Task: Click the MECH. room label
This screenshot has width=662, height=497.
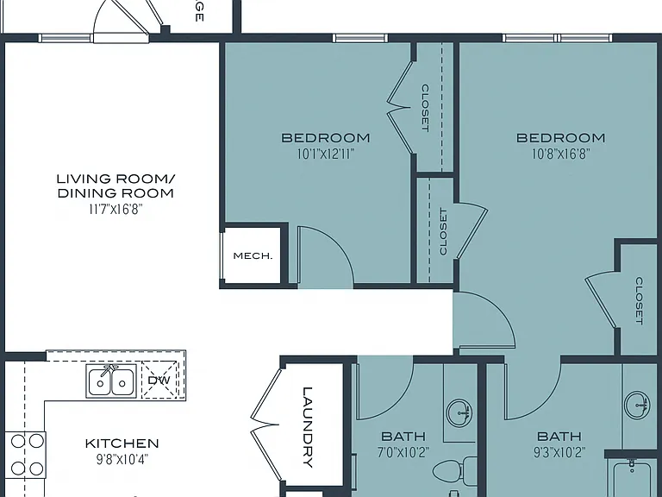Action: [x=253, y=255]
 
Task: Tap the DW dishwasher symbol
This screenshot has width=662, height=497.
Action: [x=159, y=380]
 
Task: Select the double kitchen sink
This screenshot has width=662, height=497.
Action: [x=111, y=381]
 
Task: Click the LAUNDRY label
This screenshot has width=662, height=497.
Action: [x=308, y=427]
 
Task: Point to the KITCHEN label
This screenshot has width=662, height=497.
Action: [x=122, y=444]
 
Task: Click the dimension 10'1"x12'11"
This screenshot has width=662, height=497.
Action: [x=326, y=154]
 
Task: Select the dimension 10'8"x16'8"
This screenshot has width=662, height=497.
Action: [x=560, y=154]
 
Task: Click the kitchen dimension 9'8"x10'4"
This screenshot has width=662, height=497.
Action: [x=122, y=459]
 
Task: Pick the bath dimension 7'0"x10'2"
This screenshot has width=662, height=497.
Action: [x=403, y=453]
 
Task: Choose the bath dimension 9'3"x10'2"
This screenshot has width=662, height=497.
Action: [x=559, y=453]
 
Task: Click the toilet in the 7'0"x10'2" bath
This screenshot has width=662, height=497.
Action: [x=455, y=470]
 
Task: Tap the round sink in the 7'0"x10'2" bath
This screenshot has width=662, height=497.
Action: [x=459, y=412]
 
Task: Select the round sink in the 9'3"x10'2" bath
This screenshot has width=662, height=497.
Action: [x=637, y=405]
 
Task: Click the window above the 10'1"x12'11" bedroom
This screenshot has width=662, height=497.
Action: [x=359, y=38]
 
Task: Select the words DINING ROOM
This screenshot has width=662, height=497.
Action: [x=116, y=193]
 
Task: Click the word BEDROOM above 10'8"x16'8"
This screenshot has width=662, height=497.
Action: [x=560, y=138]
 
